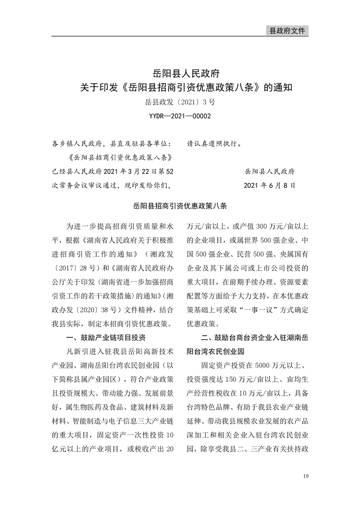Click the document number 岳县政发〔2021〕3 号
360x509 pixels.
pyautogui.click(x=180, y=102)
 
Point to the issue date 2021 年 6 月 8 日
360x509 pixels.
pyautogui.click(x=269, y=185)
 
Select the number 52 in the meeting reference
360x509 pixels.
pyautogui.click(x=168, y=171)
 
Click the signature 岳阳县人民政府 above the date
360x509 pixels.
pyautogui.click(x=269, y=171)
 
